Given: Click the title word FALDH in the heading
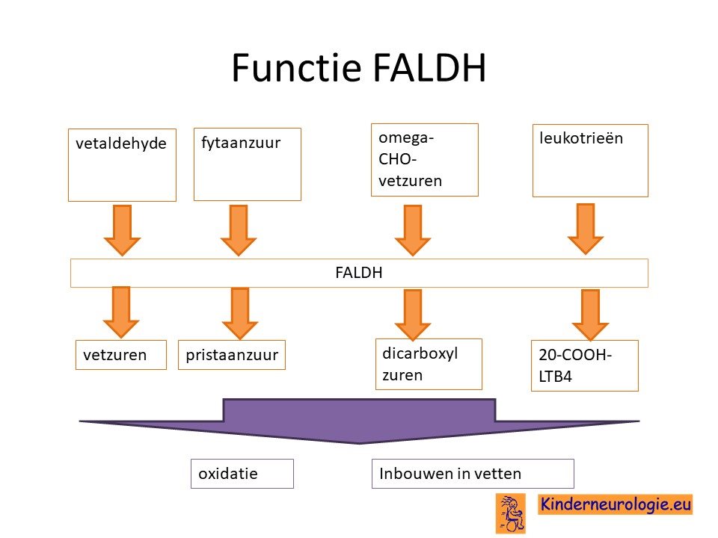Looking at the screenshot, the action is point(429,68).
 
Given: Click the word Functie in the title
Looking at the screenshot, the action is point(296,68).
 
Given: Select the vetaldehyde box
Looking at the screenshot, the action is point(122,165).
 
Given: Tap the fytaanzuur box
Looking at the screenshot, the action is point(248,164).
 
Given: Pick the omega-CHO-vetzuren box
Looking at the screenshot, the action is point(425,160).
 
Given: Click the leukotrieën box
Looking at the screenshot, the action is point(590,161).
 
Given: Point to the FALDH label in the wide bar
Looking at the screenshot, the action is point(358,273).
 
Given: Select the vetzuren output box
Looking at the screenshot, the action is point(121,355).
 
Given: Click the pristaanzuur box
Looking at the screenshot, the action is point(232,355).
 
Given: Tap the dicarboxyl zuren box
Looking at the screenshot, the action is point(429,364).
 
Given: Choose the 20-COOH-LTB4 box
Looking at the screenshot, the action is point(585,365).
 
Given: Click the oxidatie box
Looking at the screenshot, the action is point(242,474).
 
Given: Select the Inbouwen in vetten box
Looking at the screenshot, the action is point(473,474).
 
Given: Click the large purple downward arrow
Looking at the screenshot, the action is point(360,421).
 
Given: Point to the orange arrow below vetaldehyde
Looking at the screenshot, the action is point(122,230).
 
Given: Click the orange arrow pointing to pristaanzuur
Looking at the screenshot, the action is point(240,313).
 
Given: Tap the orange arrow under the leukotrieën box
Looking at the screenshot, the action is point(586,229).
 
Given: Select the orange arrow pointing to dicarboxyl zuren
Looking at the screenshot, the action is point(413,315).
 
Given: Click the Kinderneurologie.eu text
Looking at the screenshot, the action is point(616,504).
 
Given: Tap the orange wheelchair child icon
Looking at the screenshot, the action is point(511,513).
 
